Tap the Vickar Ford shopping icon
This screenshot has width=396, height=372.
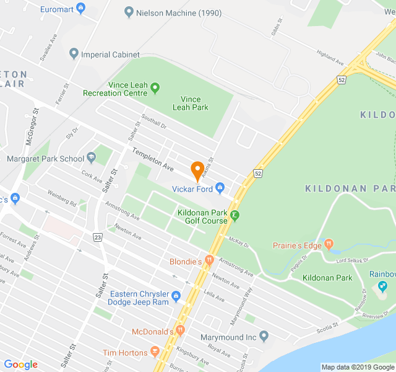[x=220, y=189]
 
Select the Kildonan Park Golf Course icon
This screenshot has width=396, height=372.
[x=235, y=216]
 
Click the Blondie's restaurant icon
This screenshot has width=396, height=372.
[x=209, y=261]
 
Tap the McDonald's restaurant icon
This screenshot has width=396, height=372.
[x=181, y=331]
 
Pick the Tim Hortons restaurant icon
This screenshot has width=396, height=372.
[x=155, y=353]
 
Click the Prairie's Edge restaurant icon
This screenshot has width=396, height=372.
[x=329, y=245]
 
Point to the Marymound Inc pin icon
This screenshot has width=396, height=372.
[x=264, y=337]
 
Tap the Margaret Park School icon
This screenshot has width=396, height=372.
[x=92, y=158]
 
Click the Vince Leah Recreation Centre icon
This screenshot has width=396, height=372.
[x=155, y=87]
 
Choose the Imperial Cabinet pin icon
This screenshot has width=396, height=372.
[x=74, y=54]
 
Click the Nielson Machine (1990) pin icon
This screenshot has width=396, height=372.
[x=129, y=12]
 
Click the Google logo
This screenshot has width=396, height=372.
[x=20, y=365]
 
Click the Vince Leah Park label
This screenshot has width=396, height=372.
[x=190, y=103]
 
